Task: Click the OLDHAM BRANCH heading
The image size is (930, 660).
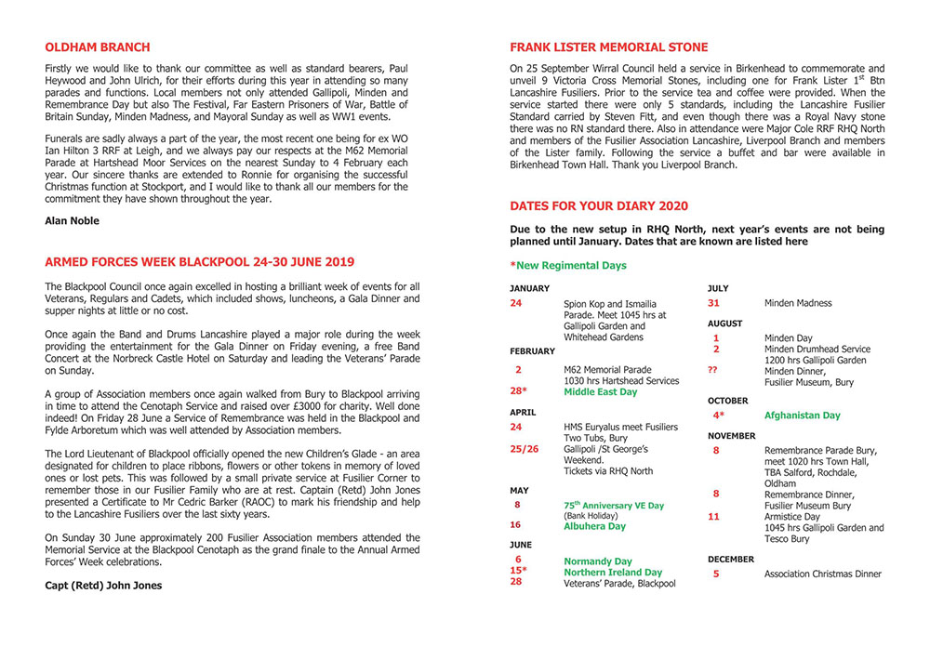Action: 97,47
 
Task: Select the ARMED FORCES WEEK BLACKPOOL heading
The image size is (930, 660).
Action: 199,262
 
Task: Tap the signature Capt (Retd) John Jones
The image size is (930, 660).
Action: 103,586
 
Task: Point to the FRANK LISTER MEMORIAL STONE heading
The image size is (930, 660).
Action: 608,47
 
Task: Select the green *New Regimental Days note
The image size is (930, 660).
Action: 568,266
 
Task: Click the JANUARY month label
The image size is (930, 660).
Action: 529,288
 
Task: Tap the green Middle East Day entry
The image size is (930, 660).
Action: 600,392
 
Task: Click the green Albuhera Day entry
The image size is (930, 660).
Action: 595,525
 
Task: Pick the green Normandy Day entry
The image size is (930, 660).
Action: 598,561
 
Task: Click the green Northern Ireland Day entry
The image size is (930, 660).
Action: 613,573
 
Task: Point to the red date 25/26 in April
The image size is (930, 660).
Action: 525,449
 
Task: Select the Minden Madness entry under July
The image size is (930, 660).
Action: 798,303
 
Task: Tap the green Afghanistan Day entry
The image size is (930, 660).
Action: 802,416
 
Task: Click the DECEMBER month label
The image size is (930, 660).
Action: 732,560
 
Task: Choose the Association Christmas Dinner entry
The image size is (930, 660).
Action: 822,574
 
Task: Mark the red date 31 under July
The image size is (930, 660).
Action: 714,303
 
